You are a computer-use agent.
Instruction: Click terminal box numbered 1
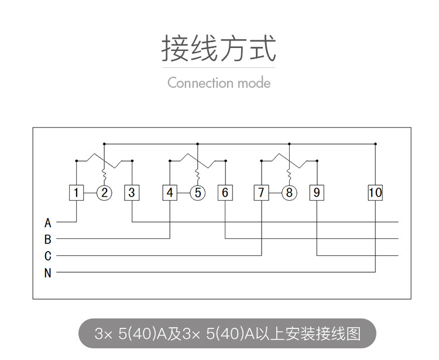tap(77, 193)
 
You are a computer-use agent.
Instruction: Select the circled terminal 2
tap(104, 193)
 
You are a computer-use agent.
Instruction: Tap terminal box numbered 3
tap(132, 193)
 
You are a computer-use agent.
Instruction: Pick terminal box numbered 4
tap(170, 193)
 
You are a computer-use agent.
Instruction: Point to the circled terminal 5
tap(198, 193)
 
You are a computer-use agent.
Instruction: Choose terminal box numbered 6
tap(225, 193)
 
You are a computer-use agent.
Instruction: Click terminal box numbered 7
tap(262, 193)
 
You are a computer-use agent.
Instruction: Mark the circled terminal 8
tap(289, 193)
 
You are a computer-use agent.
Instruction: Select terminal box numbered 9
tap(317, 193)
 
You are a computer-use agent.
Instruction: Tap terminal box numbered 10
tap(375, 193)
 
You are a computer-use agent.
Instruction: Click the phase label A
tap(48, 223)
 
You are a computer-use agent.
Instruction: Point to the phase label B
tap(48, 239)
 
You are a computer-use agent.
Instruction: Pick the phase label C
tap(48, 256)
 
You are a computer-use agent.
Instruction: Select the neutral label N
tap(48, 273)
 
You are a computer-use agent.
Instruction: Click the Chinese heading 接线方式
tap(219, 49)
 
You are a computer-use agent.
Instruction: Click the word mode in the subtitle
tap(253, 83)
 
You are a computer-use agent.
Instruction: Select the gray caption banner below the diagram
tap(227, 334)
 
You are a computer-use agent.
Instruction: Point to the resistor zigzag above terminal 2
tap(104, 176)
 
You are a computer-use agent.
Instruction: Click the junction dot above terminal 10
tap(375, 143)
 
